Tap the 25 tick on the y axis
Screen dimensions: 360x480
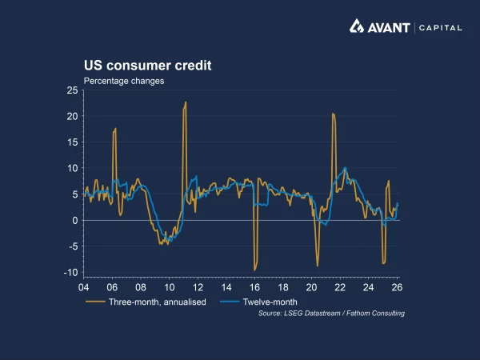point(72,91)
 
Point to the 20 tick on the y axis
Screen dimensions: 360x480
point(72,117)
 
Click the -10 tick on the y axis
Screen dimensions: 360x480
point(70,273)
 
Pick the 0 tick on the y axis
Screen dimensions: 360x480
point(74,221)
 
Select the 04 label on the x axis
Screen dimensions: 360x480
point(83,286)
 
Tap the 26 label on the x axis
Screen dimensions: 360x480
point(397,286)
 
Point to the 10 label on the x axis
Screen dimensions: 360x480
point(169,286)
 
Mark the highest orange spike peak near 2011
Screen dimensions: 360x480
point(186,102)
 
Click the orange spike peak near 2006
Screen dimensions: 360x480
point(115,128)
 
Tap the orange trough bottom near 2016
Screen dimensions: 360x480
point(254,270)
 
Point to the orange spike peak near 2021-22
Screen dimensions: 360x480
point(333,114)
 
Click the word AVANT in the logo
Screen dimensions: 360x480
point(390,27)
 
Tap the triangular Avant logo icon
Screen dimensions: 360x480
point(357,26)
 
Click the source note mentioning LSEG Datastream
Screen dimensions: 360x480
point(331,313)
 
